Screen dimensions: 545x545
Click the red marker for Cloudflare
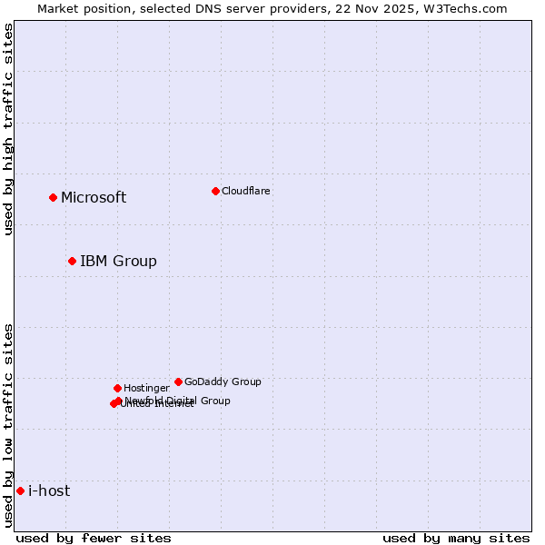[x=215, y=191]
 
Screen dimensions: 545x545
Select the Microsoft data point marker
[x=53, y=197]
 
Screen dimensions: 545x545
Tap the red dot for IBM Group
[x=72, y=261]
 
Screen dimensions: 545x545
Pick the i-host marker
[x=20, y=490]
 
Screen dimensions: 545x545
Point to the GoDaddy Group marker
[x=178, y=381]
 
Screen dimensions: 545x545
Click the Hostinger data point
[x=117, y=388]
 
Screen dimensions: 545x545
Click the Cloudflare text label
[x=245, y=191]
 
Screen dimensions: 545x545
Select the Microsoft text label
[x=94, y=197]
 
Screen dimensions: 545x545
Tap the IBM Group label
[x=118, y=261]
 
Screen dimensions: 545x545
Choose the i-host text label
[x=49, y=490]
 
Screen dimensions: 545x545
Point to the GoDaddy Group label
[x=223, y=381]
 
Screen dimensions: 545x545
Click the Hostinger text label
[x=146, y=388]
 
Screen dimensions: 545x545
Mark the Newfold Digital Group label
[x=178, y=400]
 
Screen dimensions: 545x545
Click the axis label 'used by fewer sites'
[x=94, y=538]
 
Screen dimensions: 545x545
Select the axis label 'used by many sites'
[x=456, y=538]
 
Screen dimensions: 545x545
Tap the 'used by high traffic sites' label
[x=8, y=129]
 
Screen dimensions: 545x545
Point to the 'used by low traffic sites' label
[x=8, y=425]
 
